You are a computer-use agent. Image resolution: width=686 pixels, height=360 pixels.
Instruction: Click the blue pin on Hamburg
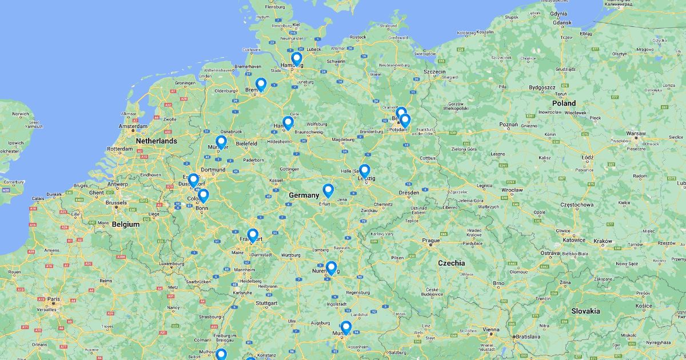point(296,59)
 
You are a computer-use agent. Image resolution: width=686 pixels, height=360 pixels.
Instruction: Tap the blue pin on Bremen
point(261,85)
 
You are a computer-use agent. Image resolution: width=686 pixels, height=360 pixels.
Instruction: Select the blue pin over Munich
point(345,327)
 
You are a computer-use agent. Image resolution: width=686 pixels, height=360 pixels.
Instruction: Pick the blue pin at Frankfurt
point(253,235)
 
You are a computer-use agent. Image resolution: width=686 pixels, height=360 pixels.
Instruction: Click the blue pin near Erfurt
point(328,190)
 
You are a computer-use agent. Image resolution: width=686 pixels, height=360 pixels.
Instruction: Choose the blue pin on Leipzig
point(364,171)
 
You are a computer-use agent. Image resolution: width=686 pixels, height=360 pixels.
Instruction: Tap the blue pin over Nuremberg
point(331,267)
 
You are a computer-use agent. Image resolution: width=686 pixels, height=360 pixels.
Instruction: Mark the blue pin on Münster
point(221,142)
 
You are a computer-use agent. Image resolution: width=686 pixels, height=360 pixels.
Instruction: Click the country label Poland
point(564,103)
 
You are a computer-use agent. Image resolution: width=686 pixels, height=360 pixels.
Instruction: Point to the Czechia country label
point(451,263)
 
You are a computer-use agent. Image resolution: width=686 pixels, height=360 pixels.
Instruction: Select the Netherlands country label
point(156,141)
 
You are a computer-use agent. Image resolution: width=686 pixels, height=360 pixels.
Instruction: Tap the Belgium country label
point(125,224)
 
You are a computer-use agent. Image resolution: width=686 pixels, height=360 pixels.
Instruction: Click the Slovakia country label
point(585,311)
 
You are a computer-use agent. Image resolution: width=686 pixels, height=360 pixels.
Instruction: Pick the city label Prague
point(431,241)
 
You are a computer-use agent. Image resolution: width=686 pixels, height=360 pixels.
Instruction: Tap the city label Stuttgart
point(266,303)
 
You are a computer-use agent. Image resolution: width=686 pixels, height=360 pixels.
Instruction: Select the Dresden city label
point(409,193)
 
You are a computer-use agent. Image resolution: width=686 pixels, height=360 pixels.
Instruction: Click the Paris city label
point(54,299)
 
